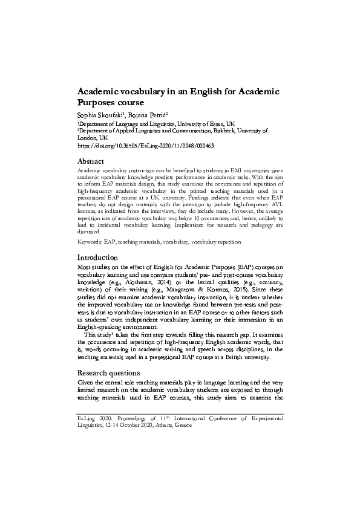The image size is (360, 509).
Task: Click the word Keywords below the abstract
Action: (x=89, y=242)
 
